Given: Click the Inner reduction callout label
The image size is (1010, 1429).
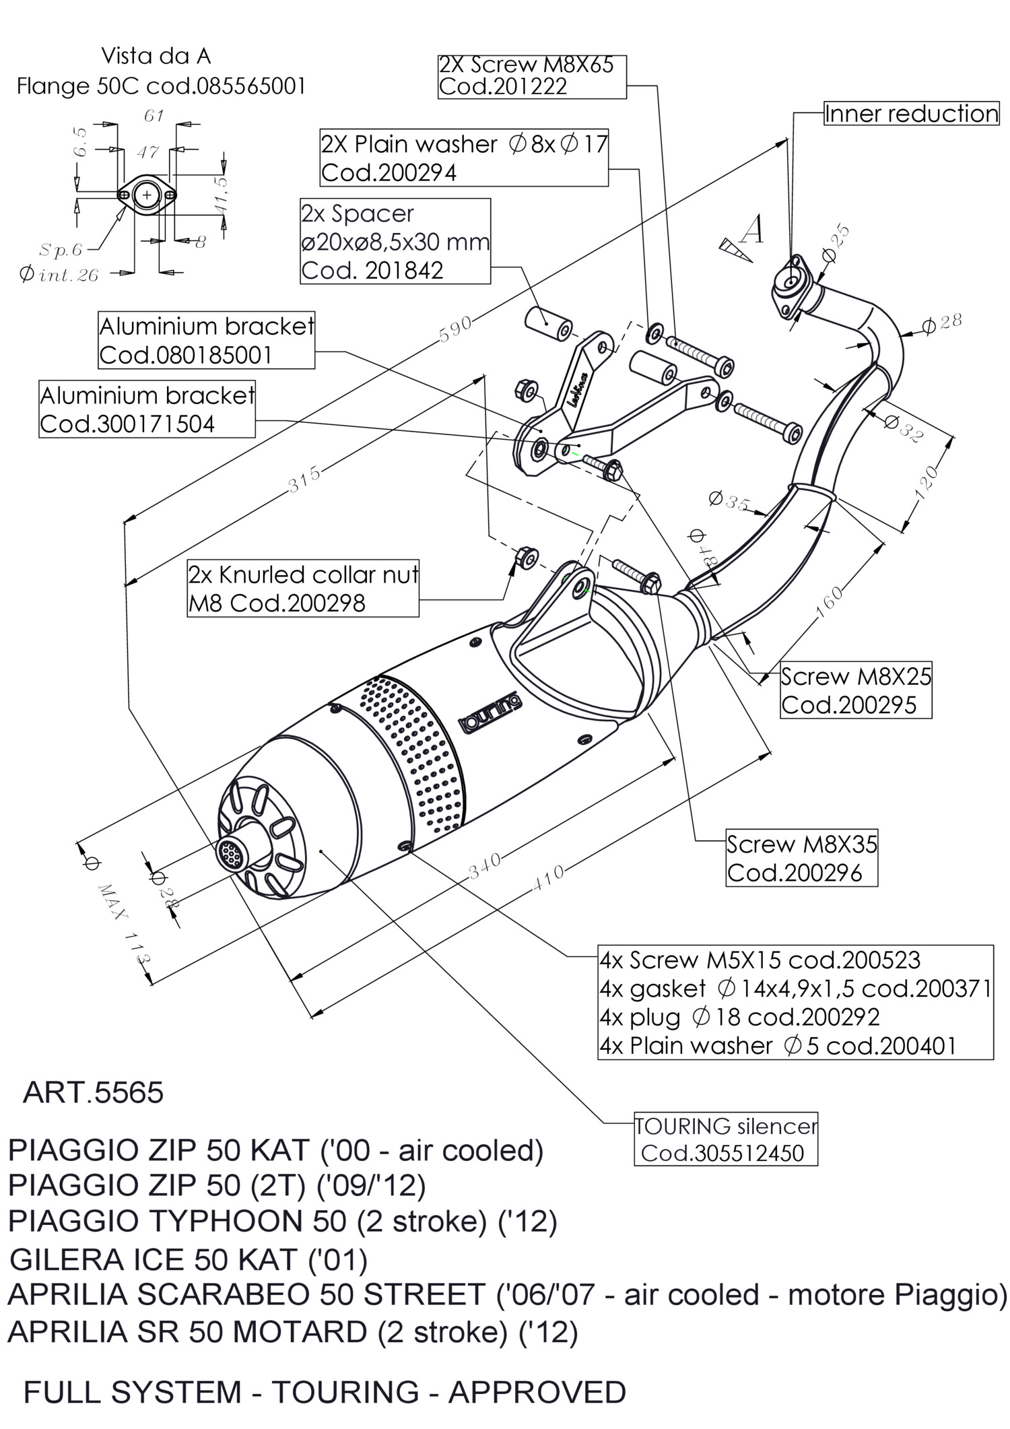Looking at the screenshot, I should click(x=911, y=114).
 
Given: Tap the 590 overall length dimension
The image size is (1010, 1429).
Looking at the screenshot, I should click(x=454, y=330).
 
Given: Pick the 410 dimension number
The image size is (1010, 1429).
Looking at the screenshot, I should click(x=548, y=877).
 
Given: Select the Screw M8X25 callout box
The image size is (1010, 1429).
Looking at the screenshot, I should click(x=856, y=690).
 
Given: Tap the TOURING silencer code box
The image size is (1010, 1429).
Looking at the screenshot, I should click(x=726, y=1139).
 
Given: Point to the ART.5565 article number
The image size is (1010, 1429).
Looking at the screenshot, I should click(x=94, y=1092).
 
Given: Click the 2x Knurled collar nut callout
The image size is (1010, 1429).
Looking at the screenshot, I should click(x=303, y=589).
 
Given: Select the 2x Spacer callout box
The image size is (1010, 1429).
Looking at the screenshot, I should click(x=395, y=241).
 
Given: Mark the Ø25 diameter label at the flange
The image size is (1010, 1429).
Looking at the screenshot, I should click(x=836, y=244).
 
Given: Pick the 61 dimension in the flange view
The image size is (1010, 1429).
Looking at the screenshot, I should click(x=154, y=116).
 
